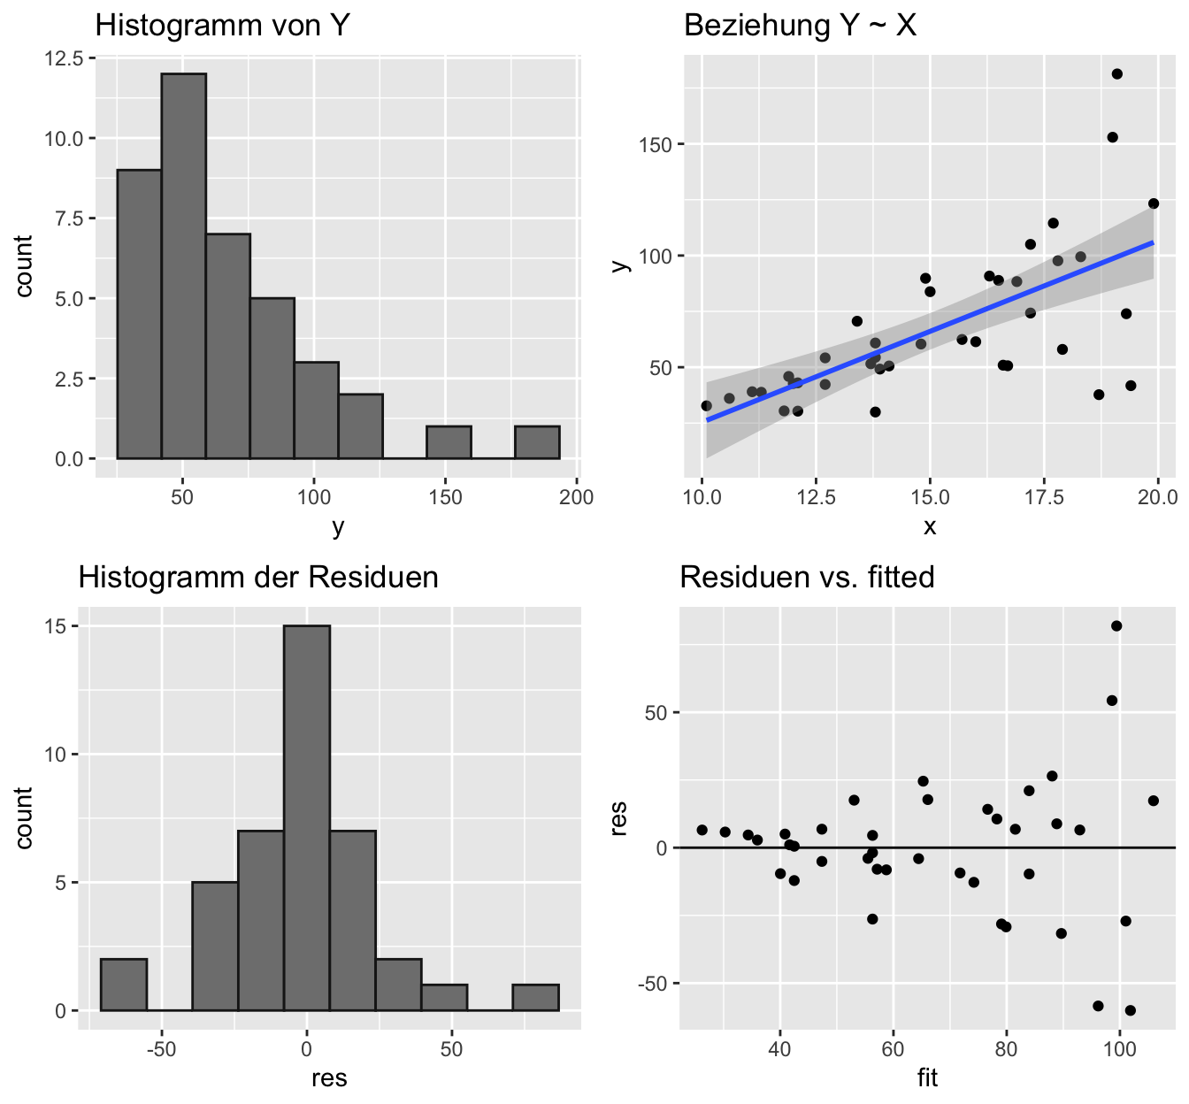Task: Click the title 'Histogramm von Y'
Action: tap(223, 25)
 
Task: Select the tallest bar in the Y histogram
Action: tap(183, 265)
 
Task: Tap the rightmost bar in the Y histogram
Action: tap(537, 442)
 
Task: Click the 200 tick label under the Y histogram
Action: tap(577, 496)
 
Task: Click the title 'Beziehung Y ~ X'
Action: tap(800, 25)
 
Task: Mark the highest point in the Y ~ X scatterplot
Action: tap(1116, 74)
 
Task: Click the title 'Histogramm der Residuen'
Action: tap(258, 577)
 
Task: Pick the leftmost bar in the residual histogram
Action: tap(124, 984)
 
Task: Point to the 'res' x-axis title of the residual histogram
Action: tap(329, 1078)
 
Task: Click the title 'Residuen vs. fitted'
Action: tap(807, 577)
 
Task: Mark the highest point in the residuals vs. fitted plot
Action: tap(1116, 626)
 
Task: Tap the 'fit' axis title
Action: tap(927, 1078)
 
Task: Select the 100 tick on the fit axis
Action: tap(1120, 1050)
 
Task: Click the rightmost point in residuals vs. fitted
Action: tap(1154, 801)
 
